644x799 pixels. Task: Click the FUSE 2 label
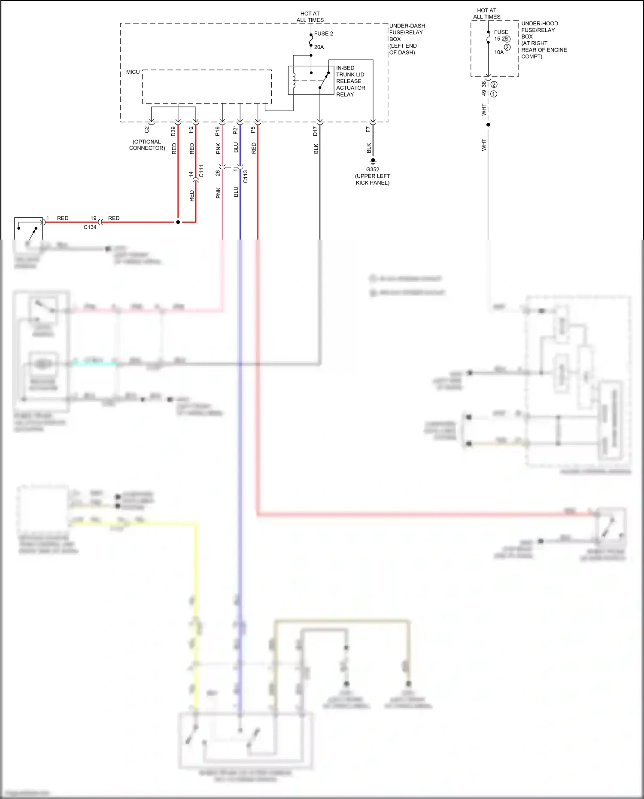pyautogui.click(x=323, y=33)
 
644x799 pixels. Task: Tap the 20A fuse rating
pyautogui.click(x=319, y=47)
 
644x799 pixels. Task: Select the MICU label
pyautogui.click(x=133, y=72)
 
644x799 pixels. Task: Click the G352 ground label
pyautogui.click(x=373, y=170)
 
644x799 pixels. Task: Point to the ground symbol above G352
pyautogui.click(x=373, y=162)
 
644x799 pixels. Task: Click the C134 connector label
pyautogui.click(x=90, y=227)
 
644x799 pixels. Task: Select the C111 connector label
pyautogui.click(x=201, y=171)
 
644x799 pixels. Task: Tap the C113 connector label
pyautogui.click(x=245, y=176)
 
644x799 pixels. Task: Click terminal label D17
pyautogui.click(x=315, y=131)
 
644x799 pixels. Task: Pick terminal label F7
pyautogui.click(x=368, y=129)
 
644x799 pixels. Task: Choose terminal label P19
pyautogui.click(x=218, y=131)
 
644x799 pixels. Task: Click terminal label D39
pyautogui.click(x=173, y=131)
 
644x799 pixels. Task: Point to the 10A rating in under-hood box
pyautogui.click(x=499, y=52)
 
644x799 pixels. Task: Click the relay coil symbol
pyautogui.click(x=294, y=80)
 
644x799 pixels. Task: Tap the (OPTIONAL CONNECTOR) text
pyautogui.click(x=147, y=145)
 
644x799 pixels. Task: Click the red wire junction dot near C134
pyautogui.click(x=178, y=222)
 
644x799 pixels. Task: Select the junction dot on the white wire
pyautogui.click(x=488, y=125)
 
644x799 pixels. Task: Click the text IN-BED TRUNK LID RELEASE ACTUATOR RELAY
pyautogui.click(x=350, y=81)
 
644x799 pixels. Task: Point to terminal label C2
pyautogui.click(x=147, y=129)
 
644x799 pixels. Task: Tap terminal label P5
pyautogui.click(x=253, y=129)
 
